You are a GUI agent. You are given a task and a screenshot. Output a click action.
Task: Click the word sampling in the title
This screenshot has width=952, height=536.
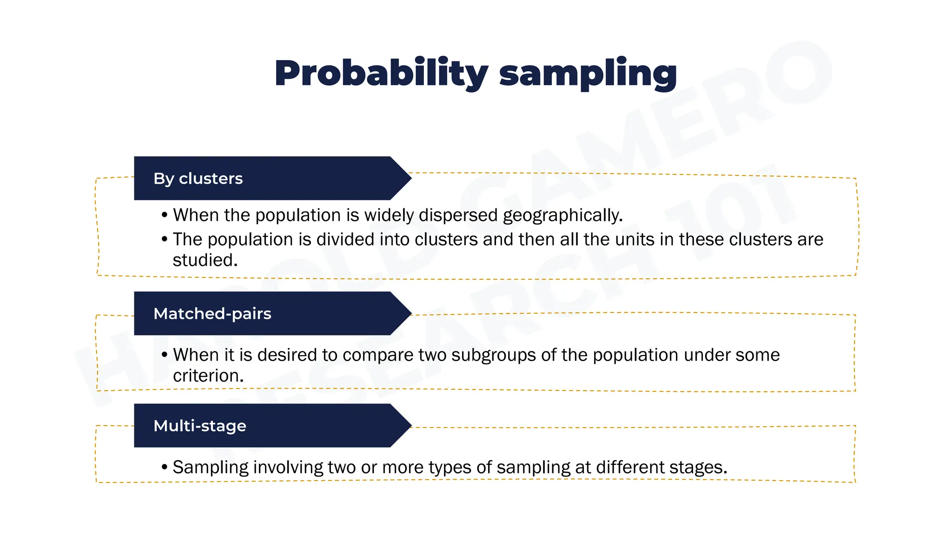click(588, 74)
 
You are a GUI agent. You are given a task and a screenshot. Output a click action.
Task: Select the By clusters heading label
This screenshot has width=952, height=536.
click(198, 179)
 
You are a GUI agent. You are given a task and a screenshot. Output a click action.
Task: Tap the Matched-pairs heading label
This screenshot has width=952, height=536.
click(212, 314)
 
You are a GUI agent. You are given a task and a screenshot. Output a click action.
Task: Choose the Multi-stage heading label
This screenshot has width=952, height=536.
click(200, 426)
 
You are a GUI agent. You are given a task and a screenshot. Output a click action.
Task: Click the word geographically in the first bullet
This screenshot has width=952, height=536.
click(562, 215)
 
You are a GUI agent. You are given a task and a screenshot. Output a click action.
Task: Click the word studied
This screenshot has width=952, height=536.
click(205, 260)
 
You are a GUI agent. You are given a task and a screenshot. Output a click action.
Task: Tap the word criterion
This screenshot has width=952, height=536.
click(208, 375)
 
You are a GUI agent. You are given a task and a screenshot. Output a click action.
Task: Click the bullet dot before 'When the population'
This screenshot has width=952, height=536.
click(164, 215)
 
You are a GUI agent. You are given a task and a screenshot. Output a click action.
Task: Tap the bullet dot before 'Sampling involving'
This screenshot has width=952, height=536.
click(164, 467)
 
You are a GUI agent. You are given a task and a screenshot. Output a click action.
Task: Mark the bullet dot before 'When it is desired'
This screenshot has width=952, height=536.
click(164, 355)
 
